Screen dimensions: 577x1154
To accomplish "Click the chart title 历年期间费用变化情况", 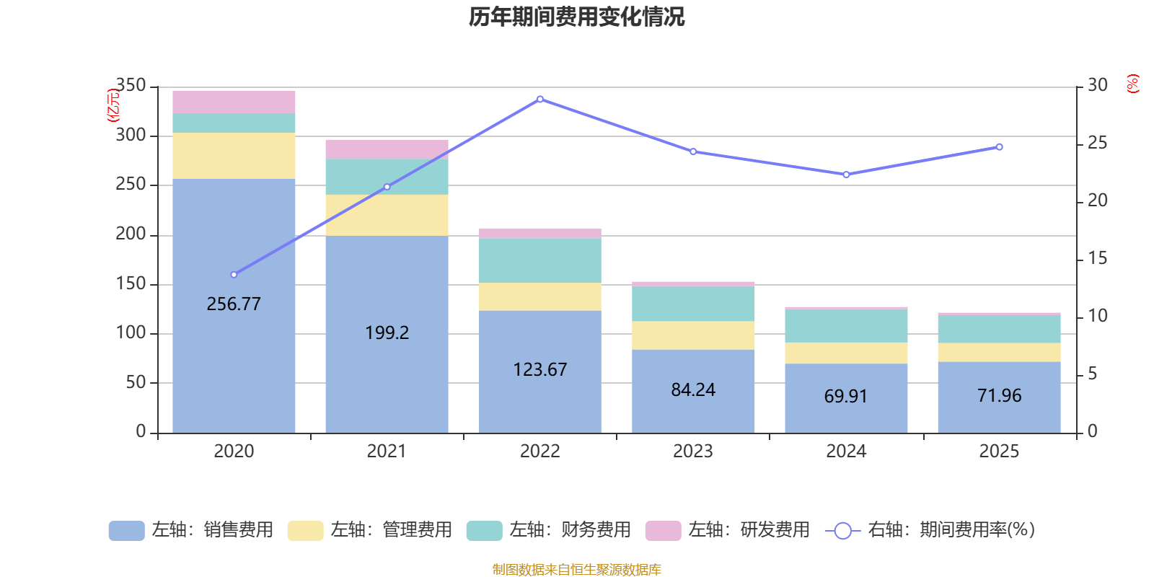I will tap(576, 17).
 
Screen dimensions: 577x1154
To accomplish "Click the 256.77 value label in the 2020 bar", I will tap(234, 304).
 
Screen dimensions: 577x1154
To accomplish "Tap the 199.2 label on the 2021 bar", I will tap(387, 332).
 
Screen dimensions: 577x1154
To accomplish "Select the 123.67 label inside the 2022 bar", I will tap(539, 369).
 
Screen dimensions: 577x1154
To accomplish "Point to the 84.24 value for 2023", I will tap(693, 389).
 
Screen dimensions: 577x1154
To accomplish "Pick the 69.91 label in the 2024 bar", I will tap(846, 396).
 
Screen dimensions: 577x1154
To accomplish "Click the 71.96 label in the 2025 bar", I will tap(999, 395).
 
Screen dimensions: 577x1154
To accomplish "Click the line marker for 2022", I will tap(539, 99).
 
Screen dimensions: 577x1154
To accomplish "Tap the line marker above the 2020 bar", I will tap(234, 275).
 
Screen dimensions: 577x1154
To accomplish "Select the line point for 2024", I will tap(846, 175).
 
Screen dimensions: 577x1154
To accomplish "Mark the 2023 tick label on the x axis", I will tap(693, 452).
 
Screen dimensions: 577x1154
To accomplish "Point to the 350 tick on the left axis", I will tap(131, 86).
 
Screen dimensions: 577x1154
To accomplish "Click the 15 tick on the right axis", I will tap(1097, 258).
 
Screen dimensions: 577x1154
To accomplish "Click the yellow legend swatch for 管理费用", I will tap(305, 531).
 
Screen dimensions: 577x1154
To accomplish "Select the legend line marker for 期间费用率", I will tap(842, 531).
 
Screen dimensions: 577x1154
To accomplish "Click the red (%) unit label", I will tap(1133, 84).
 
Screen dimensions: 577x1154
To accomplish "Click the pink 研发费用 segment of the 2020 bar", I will tap(234, 102).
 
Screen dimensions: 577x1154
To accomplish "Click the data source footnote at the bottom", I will tap(576, 570).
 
